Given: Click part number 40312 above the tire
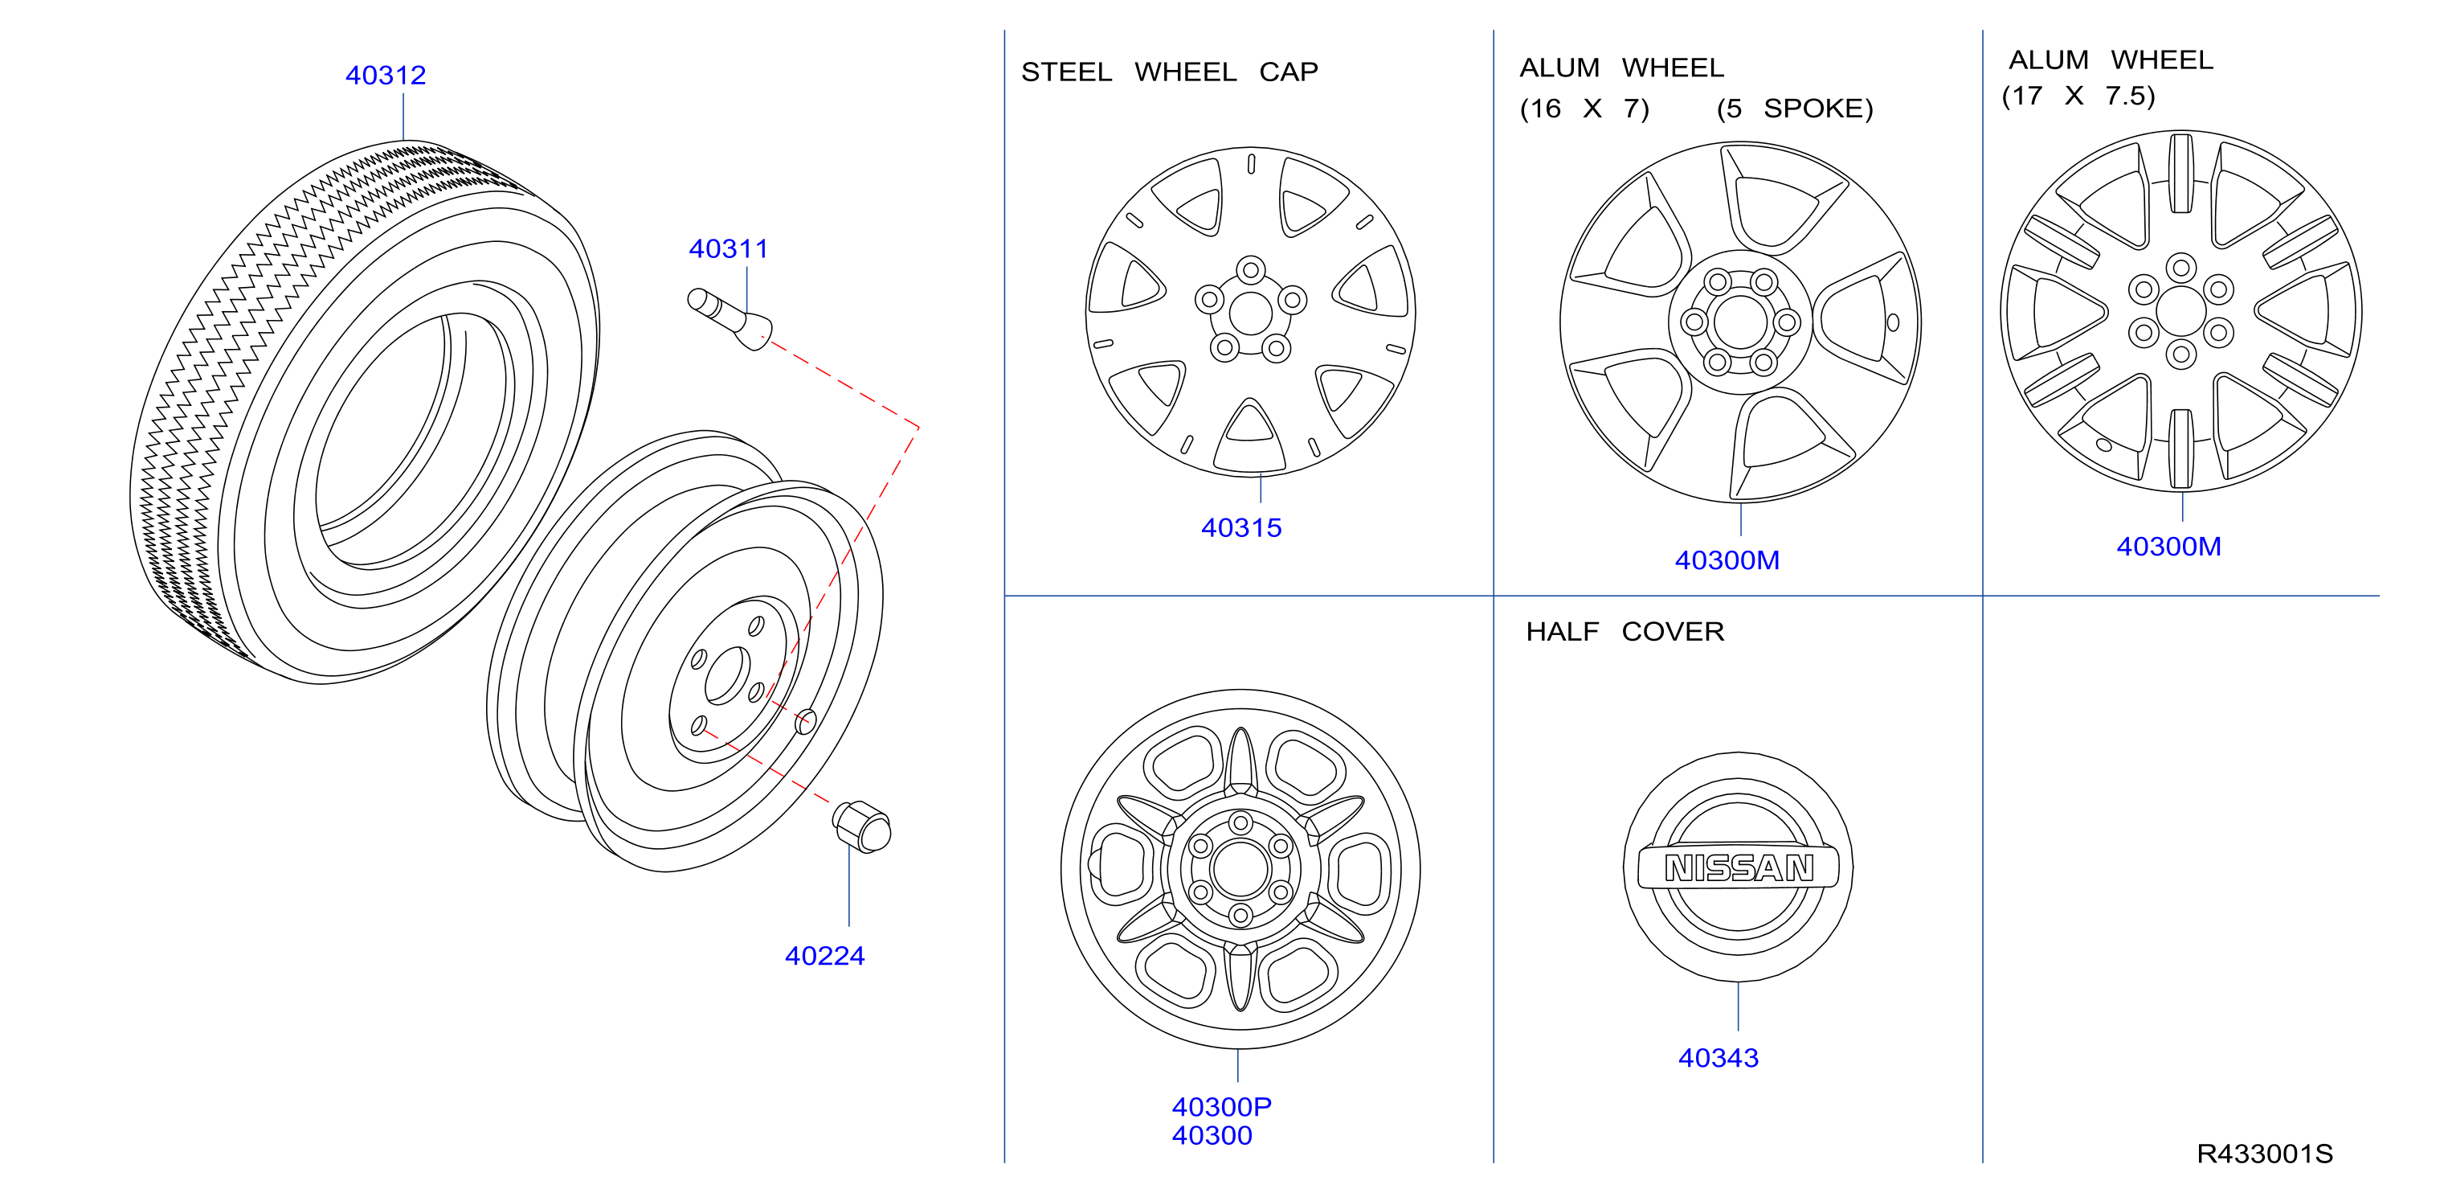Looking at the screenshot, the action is pyautogui.click(x=385, y=75).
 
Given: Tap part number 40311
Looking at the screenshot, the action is pyautogui.click(x=729, y=248).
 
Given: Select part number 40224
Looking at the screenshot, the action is pyautogui.click(x=824, y=956).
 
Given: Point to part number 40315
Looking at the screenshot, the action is pyautogui.click(x=1241, y=527).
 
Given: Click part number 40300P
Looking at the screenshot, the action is pyautogui.click(x=1221, y=1107).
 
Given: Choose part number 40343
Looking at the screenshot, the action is pyautogui.click(x=1719, y=1058).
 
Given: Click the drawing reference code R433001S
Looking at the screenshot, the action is pyautogui.click(x=2265, y=1154).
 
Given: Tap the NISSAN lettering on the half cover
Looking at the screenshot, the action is pyautogui.click(x=1739, y=867).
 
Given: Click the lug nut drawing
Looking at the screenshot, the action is pyautogui.click(x=861, y=826).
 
